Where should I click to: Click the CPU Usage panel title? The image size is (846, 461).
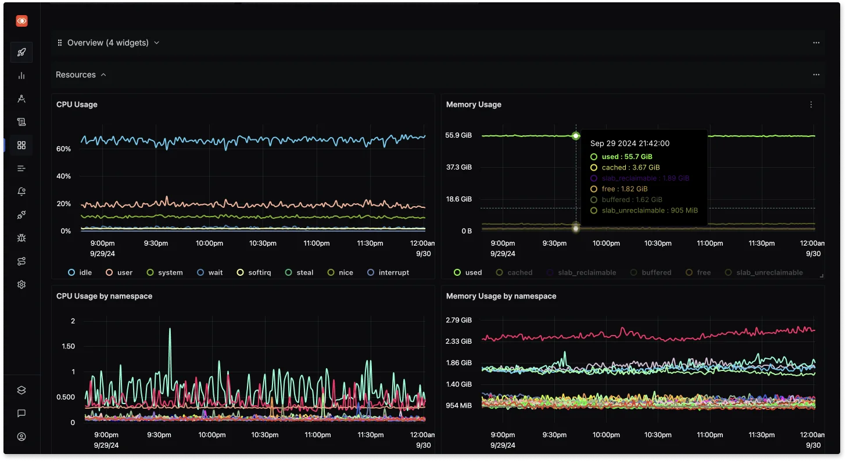click(77, 105)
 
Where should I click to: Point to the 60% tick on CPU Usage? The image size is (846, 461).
click(63, 149)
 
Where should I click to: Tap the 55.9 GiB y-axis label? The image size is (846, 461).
click(458, 135)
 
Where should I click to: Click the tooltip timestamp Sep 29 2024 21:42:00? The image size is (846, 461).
click(630, 143)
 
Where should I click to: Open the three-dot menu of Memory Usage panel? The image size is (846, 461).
click(811, 105)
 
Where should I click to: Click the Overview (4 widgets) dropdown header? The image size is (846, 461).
click(108, 42)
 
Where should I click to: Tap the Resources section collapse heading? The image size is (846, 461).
click(81, 75)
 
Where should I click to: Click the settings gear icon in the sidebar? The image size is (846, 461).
click(21, 284)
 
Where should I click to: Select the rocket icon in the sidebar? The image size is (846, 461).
click(21, 52)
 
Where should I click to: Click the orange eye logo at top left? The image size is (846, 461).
click(21, 21)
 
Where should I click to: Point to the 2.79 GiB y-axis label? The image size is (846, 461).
click(458, 320)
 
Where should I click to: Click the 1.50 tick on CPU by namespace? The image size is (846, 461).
click(68, 346)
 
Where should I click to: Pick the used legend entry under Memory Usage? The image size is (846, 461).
click(468, 272)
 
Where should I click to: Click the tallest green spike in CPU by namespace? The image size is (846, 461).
click(170, 330)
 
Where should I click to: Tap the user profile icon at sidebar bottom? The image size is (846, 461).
click(21, 437)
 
